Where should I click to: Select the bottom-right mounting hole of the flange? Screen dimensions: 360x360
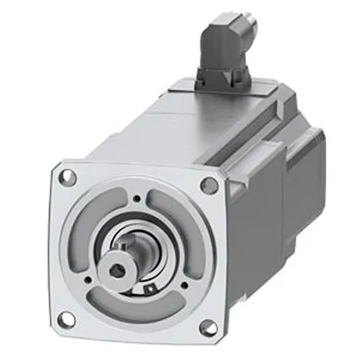208,326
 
